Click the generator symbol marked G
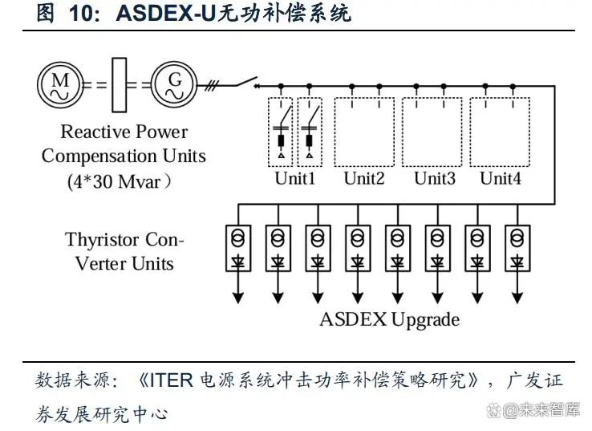tap(175, 83)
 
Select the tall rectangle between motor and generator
tap(120, 83)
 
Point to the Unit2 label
tap(364, 178)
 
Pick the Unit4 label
tap(501, 178)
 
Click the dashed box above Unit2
tap(364, 132)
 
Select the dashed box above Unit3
tap(432, 132)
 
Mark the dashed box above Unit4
tap(501, 132)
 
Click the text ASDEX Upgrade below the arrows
tap(390, 319)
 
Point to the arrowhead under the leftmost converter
tap(237, 298)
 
